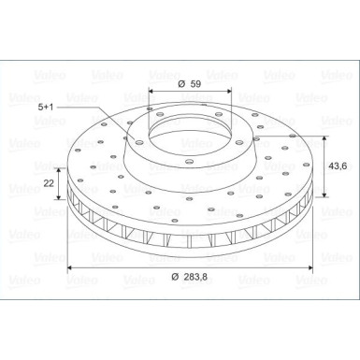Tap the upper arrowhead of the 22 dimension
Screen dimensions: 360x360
62,170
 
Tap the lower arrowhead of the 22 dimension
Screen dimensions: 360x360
62,199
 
